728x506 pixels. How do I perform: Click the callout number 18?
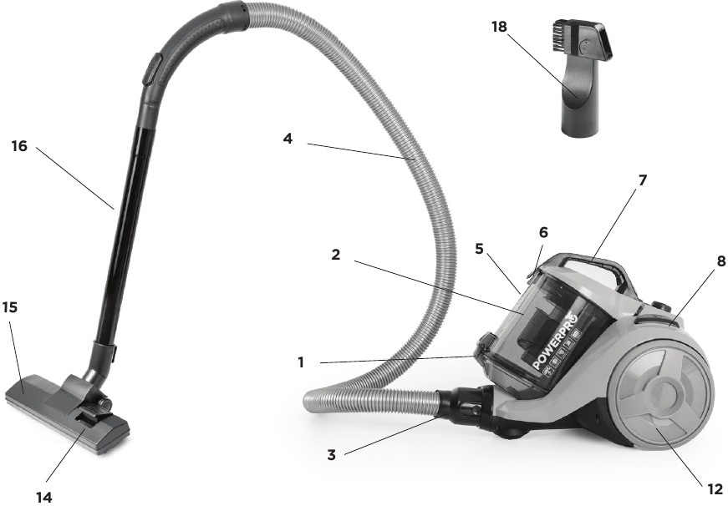[499, 27]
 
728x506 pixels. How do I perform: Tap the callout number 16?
[19, 146]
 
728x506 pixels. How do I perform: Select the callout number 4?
[288, 139]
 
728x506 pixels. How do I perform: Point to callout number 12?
[715, 488]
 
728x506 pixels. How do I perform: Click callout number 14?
[44, 497]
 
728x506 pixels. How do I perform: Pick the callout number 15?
[10, 307]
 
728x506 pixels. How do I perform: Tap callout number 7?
[643, 180]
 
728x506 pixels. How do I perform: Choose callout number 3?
[331, 455]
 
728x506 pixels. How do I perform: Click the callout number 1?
[301, 362]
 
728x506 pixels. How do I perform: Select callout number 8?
[721, 261]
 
